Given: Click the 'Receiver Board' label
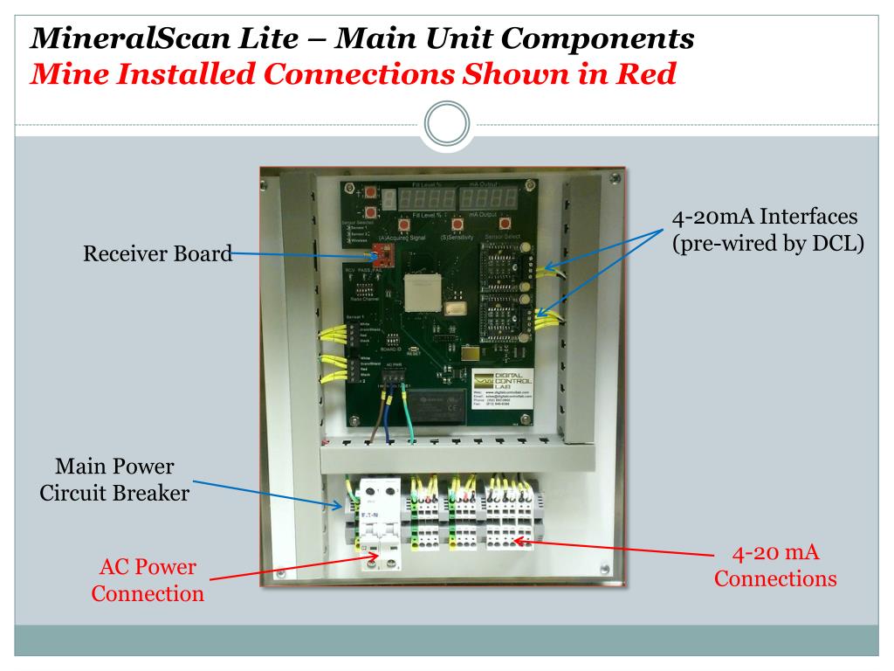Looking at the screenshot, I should coord(158,255).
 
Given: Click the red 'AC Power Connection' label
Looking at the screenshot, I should coord(148,581).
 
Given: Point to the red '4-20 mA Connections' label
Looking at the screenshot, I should coord(775,565).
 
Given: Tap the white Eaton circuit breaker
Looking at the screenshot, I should coord(382,524).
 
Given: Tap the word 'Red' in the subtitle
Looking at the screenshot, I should coord(646,74).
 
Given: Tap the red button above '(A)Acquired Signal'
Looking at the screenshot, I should coord(408,225).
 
